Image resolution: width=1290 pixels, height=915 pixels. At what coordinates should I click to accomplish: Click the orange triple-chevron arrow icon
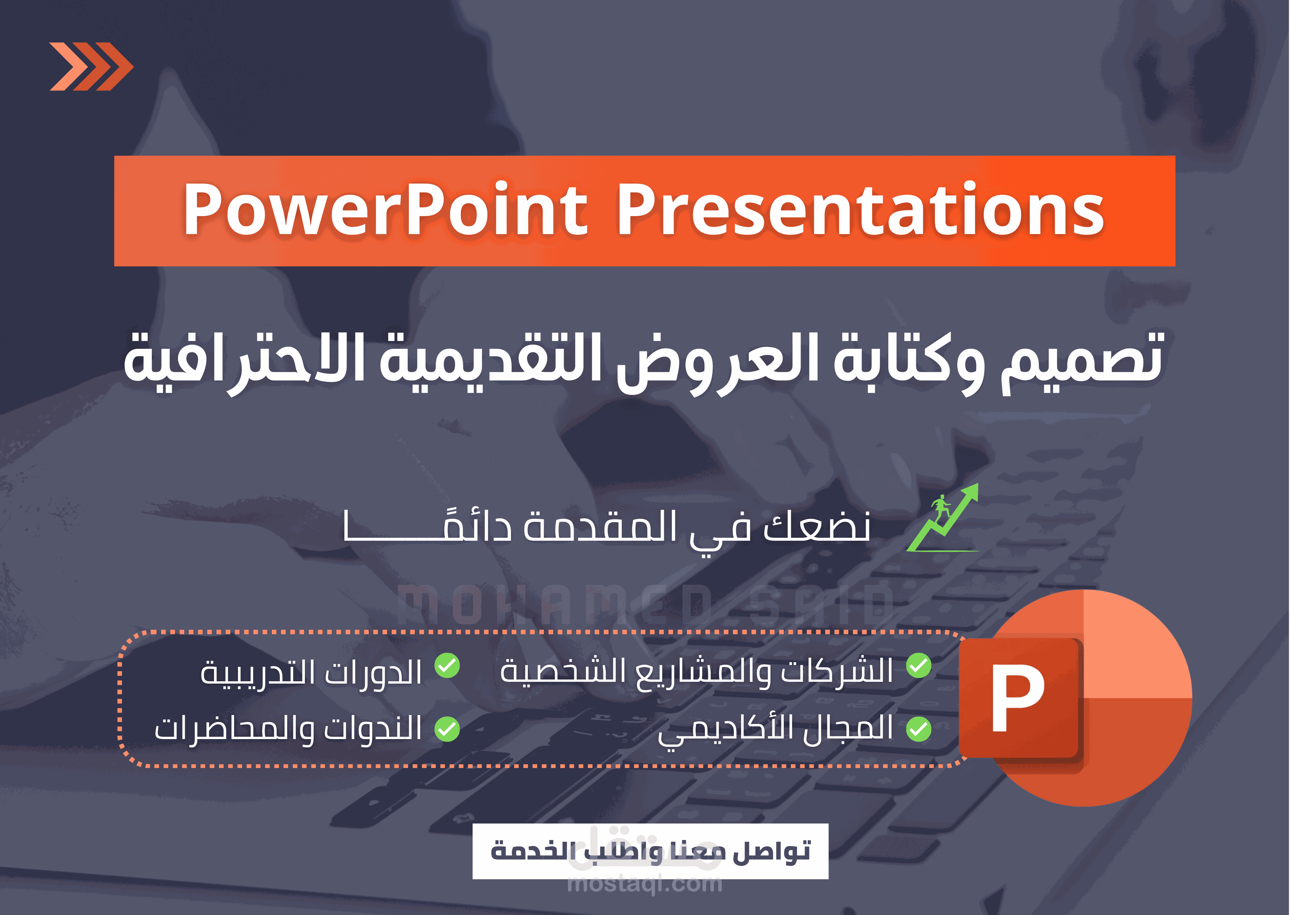click(91, 66)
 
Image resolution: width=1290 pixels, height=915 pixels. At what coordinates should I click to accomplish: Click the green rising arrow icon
click(943, 518)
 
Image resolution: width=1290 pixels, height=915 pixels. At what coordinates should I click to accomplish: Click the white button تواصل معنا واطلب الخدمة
click(650, 851)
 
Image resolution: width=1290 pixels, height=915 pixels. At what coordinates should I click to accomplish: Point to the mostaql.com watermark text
click(645, 883)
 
